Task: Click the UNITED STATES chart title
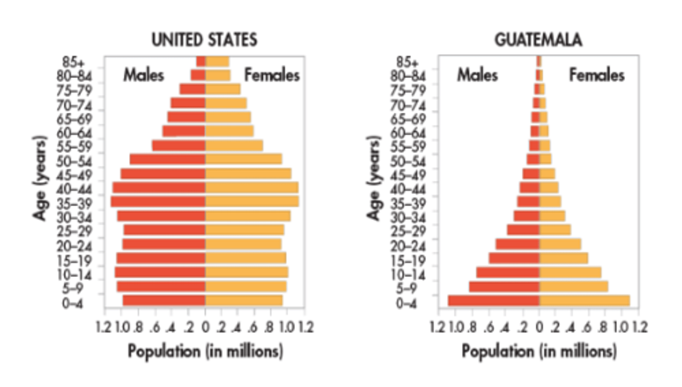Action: (204, 40)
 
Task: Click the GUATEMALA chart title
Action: (538, 40)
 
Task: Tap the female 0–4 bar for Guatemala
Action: (584, 301)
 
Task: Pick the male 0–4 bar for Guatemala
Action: (494, 301)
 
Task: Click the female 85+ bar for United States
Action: (217, 62)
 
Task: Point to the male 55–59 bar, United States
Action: (179, 145)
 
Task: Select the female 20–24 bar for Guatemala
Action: (560, 244)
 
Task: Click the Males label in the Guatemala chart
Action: (477, 75)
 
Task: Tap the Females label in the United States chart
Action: (272, 75)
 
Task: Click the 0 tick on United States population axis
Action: (205, 327)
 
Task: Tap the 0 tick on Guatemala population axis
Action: (539, 327)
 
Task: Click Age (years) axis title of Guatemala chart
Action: (374, 178)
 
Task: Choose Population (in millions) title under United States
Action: (205, 351)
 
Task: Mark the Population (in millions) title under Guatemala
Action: (539, 351)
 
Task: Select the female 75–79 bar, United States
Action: (223, 89)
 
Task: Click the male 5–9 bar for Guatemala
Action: (504, 287)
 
